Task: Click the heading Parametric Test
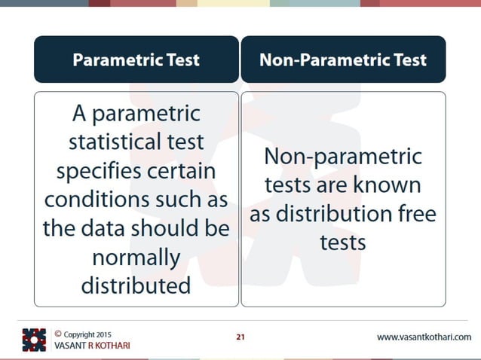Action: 136,59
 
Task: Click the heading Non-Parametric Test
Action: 343,59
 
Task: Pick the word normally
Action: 136,258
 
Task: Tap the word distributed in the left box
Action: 136,285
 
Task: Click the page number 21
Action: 240,337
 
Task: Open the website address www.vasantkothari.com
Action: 424,337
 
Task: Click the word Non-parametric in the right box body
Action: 343,157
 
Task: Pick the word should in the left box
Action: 164,228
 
